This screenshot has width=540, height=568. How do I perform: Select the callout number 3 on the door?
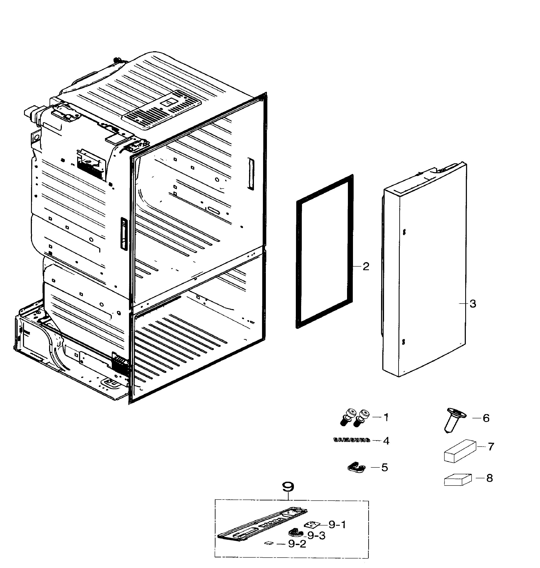point(473,303)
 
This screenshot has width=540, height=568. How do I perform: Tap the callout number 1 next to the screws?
point(386,417)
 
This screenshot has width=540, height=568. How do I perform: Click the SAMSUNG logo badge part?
point(351,440)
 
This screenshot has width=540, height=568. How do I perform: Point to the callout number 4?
point(386,441)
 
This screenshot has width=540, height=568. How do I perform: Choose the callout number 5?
point(385,467)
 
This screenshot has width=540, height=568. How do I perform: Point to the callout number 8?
point(489,478)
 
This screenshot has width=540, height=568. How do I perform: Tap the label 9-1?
point(337,525)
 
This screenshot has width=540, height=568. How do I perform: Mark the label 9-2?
point(297,544)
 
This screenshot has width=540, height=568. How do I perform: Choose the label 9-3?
point(316,535)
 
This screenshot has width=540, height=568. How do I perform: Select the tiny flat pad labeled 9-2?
point(269,543)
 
